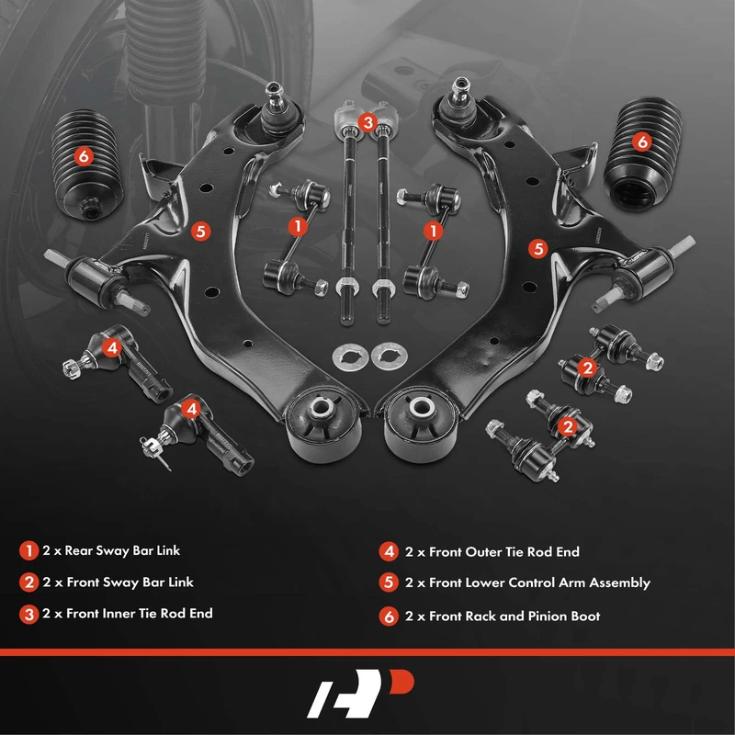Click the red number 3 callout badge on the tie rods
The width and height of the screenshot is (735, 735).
point(367,123)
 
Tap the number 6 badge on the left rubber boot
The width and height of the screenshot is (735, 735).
point(84,155)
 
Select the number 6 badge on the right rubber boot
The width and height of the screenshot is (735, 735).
point(641,141)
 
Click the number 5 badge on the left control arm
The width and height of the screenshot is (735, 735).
point(200,232)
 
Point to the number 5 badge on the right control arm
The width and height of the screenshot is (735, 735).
point(538,248)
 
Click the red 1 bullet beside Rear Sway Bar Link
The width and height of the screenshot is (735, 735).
point(28,550)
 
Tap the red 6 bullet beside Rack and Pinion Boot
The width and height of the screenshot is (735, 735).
point(389,616)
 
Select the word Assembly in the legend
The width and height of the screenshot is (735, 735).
point(619,583)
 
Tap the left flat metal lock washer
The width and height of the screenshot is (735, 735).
point(349,357)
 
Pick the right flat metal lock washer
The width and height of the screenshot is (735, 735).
point(389,356)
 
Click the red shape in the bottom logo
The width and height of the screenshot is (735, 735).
point(401,682)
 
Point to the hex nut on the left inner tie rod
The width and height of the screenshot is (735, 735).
point(347,285)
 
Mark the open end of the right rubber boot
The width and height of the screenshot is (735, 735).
point(634,192)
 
